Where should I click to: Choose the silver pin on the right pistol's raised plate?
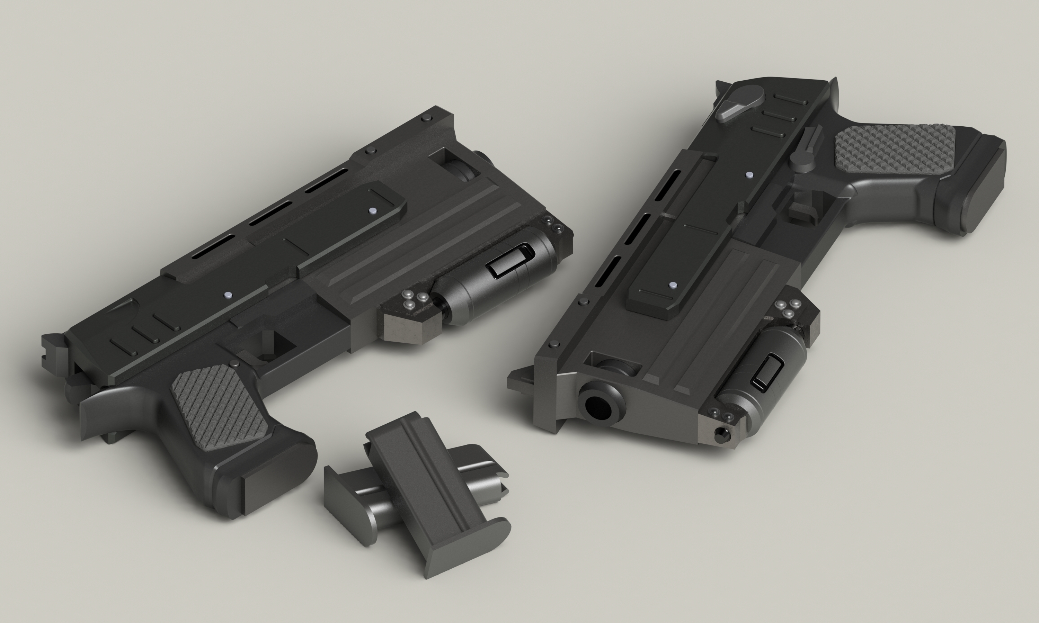673,286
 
